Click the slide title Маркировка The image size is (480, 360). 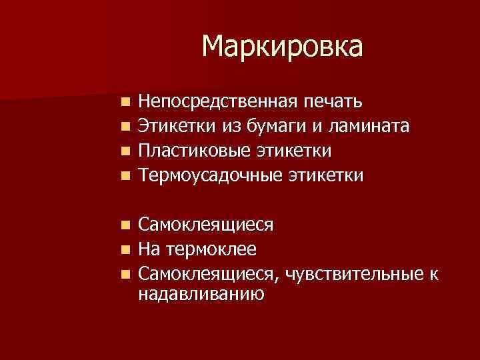coord(283,47)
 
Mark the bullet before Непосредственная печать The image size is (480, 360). coord(125,102)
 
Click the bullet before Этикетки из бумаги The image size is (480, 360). coord(125,127)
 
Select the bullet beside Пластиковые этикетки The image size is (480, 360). coord(125,151)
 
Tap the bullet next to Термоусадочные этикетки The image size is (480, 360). coord(125,176)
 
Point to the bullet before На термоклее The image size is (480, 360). coord(125,250)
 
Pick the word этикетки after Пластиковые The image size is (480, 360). coord(296,151)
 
